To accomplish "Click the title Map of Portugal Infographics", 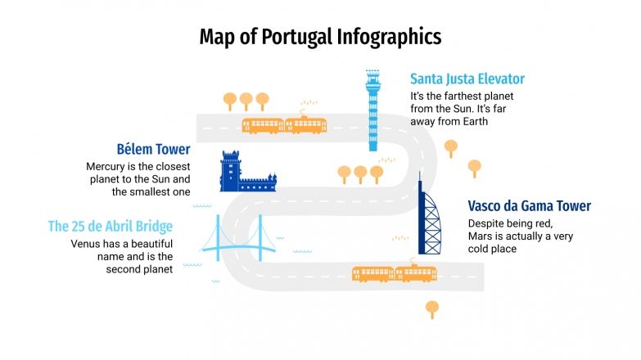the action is (x=320, y=37).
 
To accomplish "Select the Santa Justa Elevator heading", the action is (x=467, y=79).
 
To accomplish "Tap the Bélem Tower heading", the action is (x=153, y=150).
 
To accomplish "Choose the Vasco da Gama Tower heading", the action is (x=529, y=206).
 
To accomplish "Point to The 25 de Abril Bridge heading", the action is (x=111, y=227).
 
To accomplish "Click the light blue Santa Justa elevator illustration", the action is (x=373, y=110).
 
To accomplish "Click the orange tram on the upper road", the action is (x=284, y=124).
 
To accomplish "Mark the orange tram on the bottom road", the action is (x=394, y=273).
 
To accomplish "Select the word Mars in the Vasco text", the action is (x=481, y=236).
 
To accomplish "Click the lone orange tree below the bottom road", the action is (x=432, y=308).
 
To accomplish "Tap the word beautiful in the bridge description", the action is (x=145, y=244).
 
